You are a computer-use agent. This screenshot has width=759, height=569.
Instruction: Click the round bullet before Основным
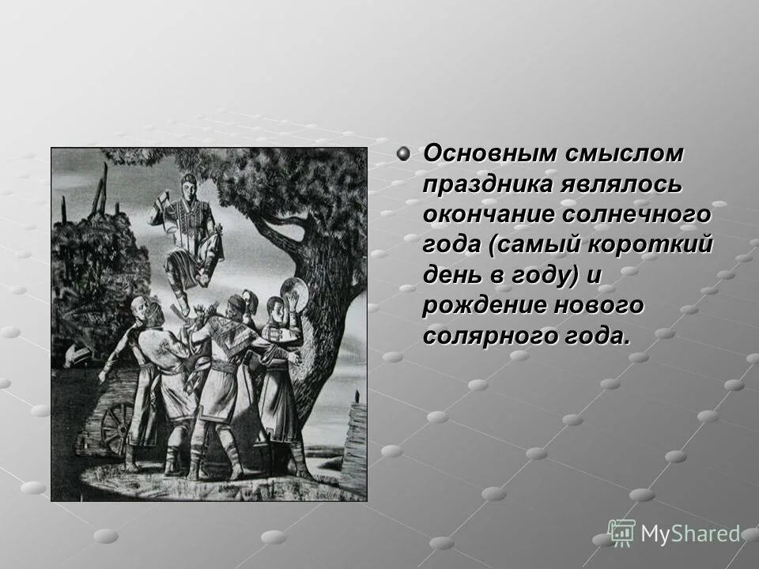click(405, 153)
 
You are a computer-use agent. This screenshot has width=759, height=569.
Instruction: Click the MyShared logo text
click(690, 534)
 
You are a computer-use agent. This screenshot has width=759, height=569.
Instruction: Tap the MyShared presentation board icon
click(622, 533)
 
